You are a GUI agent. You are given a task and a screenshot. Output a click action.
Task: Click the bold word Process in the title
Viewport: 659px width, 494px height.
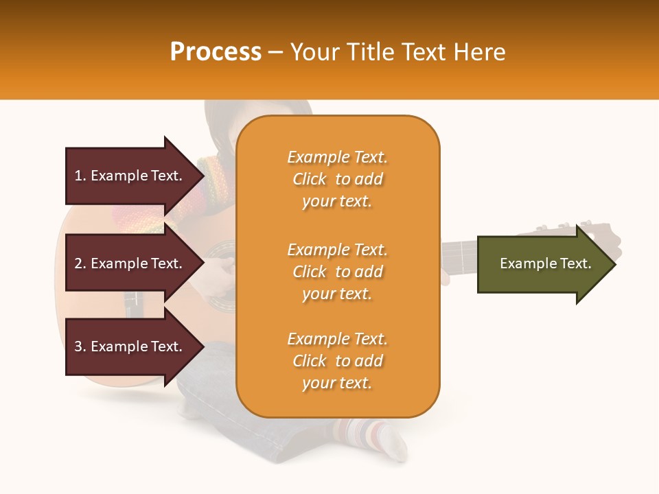click(x=216, y=52)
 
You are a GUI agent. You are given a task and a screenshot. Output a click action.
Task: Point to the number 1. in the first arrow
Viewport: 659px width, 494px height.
click(x=80, y=176)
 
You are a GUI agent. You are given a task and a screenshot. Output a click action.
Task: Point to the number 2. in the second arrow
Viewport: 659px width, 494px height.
click(x=80, y=263)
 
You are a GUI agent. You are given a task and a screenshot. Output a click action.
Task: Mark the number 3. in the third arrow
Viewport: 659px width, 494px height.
click(x=80, y=346)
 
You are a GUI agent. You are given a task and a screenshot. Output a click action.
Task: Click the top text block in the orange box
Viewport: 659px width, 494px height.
click(x=337, y=179)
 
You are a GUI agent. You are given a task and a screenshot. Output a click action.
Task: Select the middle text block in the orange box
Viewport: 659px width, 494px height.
click(x=337, y=272)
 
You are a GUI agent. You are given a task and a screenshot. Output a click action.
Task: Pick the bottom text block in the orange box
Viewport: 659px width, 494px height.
click(x=337, y=361)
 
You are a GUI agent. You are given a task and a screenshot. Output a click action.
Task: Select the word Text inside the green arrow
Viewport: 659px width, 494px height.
click(x=576, y=263)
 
